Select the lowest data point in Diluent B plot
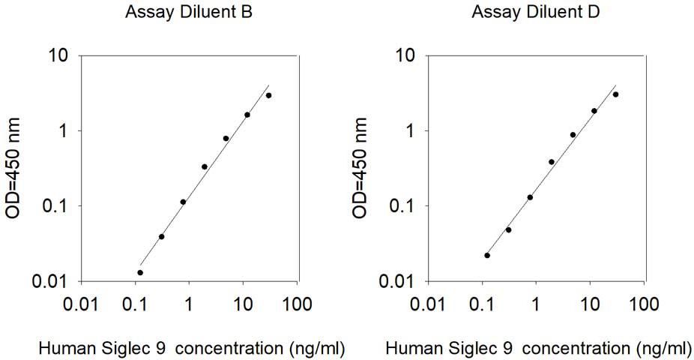[140, 272]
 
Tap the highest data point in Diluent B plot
[268, 95]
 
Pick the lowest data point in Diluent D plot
[487, 255]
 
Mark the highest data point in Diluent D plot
[615, 94]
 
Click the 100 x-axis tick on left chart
[297, 304]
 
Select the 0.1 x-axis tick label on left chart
[135, 304]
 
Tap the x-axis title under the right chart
[538, 348]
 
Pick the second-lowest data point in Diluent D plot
[508, 229]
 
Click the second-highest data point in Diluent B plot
[247, 115]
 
